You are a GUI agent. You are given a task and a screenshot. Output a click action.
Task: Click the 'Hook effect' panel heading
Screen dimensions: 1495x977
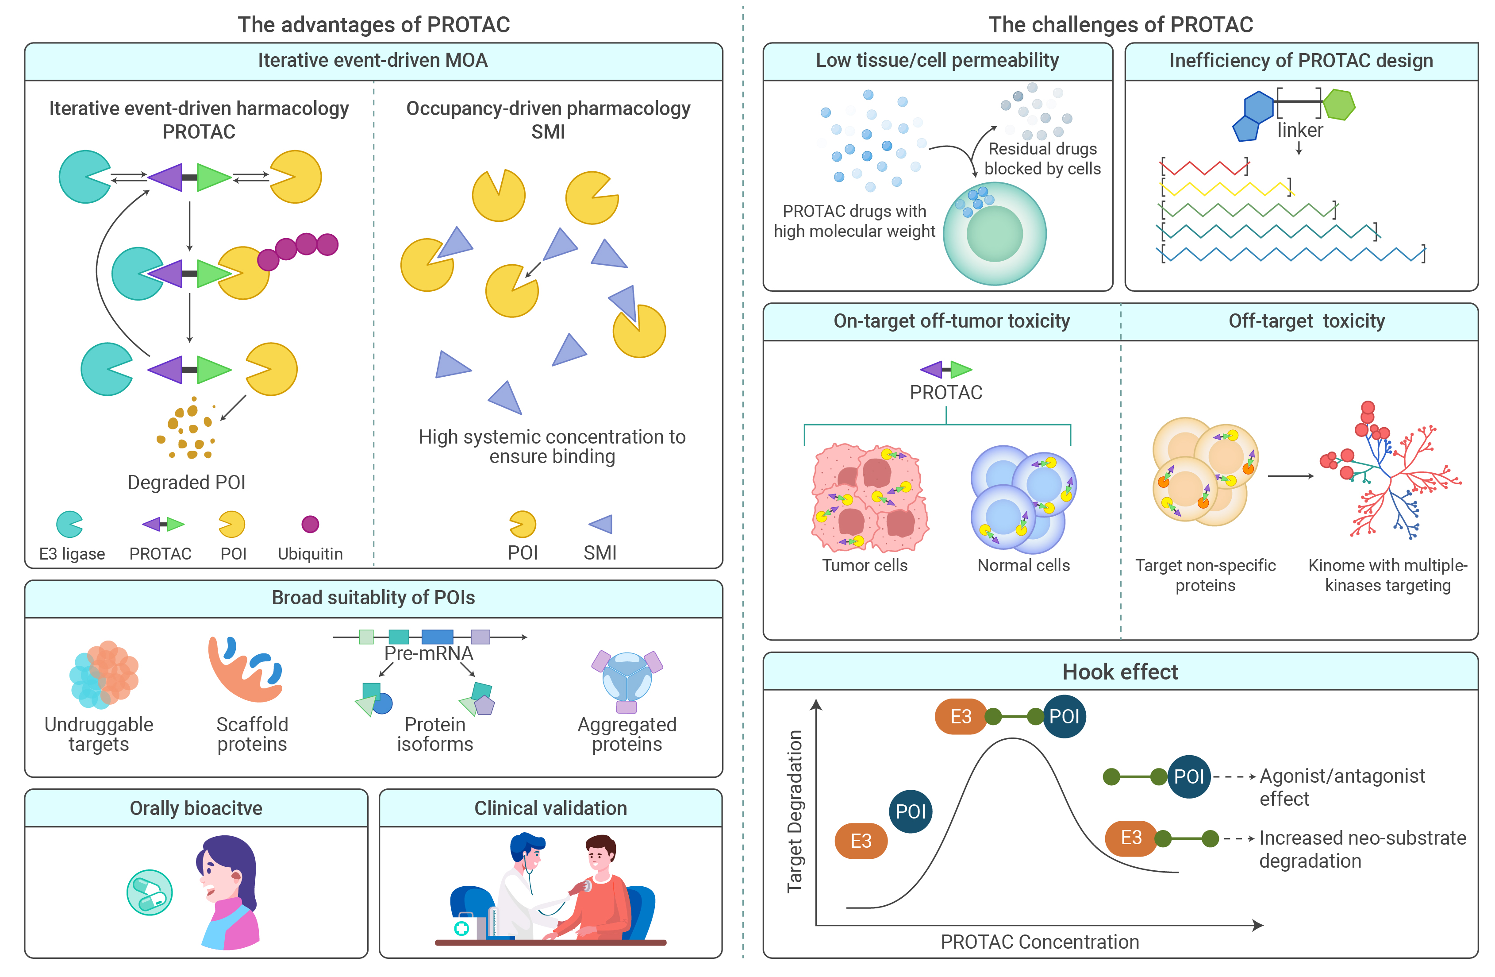pyautogui.click(x=1120, y=672)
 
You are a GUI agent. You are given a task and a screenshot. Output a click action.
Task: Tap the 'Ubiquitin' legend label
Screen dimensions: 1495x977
pyautogui.click(x=310, y=553)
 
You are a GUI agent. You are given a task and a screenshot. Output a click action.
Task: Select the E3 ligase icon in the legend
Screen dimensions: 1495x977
pyautogui.click(x=70, y=524)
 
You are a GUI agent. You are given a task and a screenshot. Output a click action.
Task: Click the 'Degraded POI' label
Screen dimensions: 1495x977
pyautogui.click(x=187, y=482)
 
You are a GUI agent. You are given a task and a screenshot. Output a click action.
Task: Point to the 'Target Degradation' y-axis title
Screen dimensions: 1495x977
pyautogui.click(x=795, y=811)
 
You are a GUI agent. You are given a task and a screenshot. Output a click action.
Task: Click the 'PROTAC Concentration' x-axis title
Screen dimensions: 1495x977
pyautogui.click(x=1040, y=942)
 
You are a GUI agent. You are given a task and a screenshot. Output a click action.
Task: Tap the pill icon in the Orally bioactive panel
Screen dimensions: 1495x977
pyautogui.click(x=150, y=892)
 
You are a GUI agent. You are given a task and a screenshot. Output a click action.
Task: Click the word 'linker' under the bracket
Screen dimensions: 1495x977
pyautogui.click(x=1299, y=130)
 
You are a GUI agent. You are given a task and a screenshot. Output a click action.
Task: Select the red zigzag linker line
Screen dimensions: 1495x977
pyautogui.click(x=1204, y=168)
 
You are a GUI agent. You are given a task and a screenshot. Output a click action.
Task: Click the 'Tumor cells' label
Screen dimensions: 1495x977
pyautogui.click(x=865, y=565)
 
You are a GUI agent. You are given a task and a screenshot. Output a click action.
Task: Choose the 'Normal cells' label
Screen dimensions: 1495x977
pyautogui.click(x=1023, y=565)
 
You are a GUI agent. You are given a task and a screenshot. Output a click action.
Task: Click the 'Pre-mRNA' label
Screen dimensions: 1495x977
pyautogui.click(x=428, y=653)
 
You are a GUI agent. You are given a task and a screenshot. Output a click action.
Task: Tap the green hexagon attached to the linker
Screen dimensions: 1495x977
pyautogui.click(x=1339, y=104)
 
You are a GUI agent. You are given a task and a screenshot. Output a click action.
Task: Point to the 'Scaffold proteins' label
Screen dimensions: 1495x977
pyautogui.click(x=252, y=734)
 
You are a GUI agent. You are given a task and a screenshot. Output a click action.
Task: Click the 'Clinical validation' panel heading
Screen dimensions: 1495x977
pyautogui.click(x=550, y=808)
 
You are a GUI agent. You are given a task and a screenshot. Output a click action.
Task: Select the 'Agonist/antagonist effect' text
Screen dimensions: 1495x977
pyautogui.click(x=1342, y=787)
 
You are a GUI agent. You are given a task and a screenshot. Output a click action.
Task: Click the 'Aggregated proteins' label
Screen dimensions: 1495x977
pyautogui.click(x=627, y=734)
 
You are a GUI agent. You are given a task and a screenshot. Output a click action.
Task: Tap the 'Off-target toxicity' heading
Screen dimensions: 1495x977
pyautogui.click(x=1307, y=321)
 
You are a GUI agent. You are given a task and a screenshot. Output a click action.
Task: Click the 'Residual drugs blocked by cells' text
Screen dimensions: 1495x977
pyautogui.click(x=1043, y=158)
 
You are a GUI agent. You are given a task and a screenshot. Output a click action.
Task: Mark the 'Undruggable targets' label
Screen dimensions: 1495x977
pyautogui.click(x=99, y=734)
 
